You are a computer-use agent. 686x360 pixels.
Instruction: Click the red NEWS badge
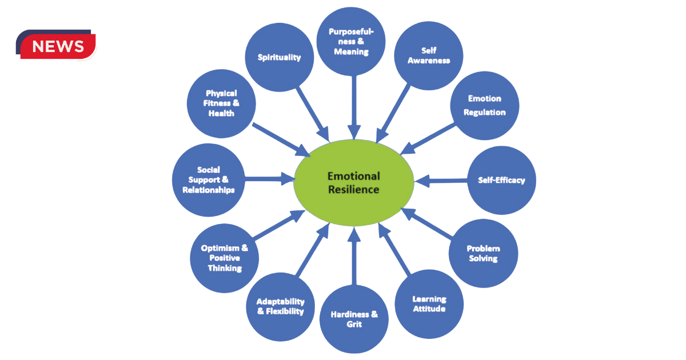[x=57, y=46]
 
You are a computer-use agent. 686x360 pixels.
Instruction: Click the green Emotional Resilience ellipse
[x=353, y=182]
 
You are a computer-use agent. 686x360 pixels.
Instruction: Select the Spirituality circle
[x=278, y=58]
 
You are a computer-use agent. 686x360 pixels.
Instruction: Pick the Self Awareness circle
[x=428, y=56]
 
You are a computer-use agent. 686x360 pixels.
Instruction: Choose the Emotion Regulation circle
[x=484, y=106]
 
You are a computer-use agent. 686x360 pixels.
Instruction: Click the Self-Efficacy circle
[x=501, y=181]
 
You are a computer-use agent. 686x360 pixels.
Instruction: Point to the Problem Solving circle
[x=483, y=253]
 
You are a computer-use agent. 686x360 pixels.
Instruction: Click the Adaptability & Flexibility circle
[x=280, y=307]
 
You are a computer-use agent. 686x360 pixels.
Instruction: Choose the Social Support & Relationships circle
[x=208, y=180]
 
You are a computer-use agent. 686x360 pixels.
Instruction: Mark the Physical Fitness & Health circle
[x=221, y=103]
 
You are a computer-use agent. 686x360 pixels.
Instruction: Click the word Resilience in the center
[x=353, y=189]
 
